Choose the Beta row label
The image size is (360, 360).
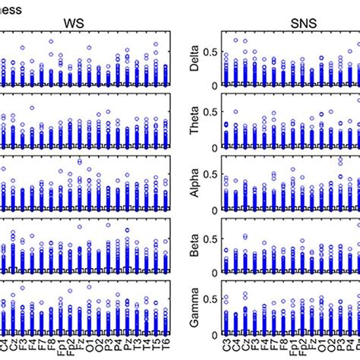(195, 246)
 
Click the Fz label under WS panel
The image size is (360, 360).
(79, 342)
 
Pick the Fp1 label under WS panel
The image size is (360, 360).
(60, 344)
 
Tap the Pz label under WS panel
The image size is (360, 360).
(127, 342)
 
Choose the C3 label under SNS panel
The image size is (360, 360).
(225, 342)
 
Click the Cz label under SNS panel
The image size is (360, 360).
(243, 342)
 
